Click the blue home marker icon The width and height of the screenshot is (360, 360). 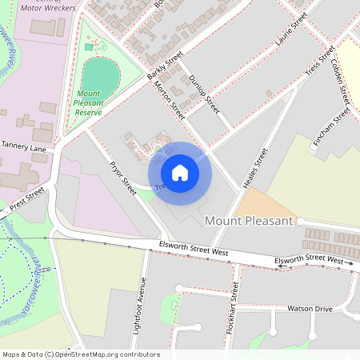point(180,172)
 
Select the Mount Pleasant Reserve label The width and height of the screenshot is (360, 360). point(89,102)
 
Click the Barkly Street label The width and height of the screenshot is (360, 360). point(165,66)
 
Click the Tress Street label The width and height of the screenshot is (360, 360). point(319,62)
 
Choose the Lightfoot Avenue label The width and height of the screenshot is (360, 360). point(143,304)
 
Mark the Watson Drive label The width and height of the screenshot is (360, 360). point(310,308)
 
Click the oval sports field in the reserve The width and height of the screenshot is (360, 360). point(101,77)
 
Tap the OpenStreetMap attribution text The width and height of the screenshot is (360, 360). point(80,354)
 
